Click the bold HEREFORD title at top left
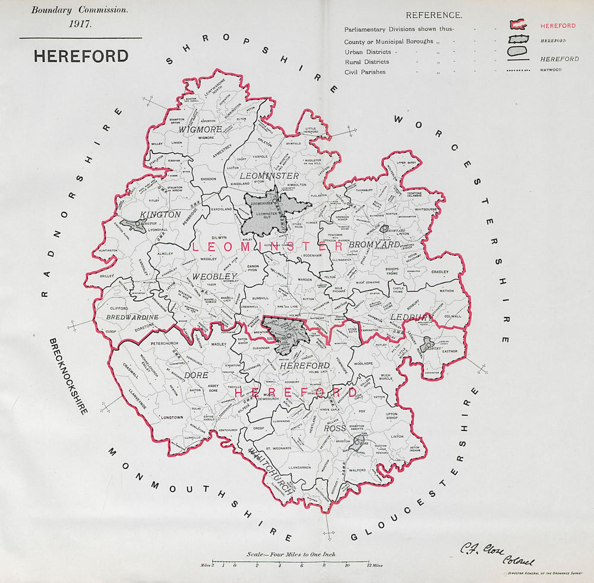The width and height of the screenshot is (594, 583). pyautogui.click(x=81, y=56)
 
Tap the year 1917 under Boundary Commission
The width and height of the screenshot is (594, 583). pyautogui.click(x=79, y=25)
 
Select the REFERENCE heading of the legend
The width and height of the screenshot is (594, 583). pyautogui.click(x=434, y=15)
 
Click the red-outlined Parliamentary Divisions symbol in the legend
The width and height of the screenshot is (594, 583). pyautogui.click(x=518, y=26)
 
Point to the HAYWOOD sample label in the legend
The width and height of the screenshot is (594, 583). pyautogui.click(x=551, y=70)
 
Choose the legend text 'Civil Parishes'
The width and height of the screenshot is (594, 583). pyautogui.click(x=365, y=72)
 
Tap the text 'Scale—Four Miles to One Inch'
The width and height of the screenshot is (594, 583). pyautogui.click(x=291, y=555)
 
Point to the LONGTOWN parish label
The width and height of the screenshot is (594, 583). pyautogui.click(x=156, y=418)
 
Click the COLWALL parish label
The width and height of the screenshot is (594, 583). pyautogui.click(x=452, y=316)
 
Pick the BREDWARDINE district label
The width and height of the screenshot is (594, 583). pyautogui.click(x=132, y=318)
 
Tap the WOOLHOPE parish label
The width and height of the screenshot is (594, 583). pyautogui.click(x=363, y=363)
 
